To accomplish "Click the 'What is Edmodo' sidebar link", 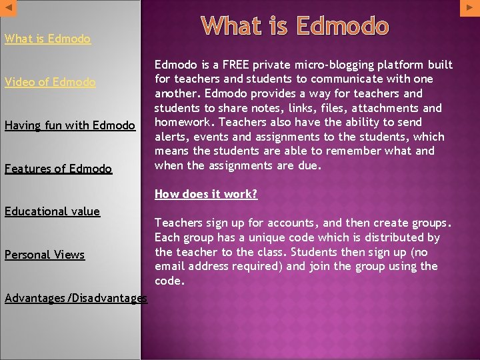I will (x=47, y=39).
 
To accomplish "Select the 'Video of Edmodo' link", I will (x=50, y=82).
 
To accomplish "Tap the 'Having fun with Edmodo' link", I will (x=70, y=125).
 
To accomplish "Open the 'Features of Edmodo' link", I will (x=58, y=169).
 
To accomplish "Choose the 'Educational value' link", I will (x=52, y=211).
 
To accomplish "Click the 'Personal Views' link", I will (x=45, y=255).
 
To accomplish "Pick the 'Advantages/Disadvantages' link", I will (x=75, y=298).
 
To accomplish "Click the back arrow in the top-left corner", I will (x=7, y=7).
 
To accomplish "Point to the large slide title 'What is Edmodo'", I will (x=295, y=26).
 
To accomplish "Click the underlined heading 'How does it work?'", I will (x=206, y=194).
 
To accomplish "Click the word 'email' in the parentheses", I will (x=171, y=267).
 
